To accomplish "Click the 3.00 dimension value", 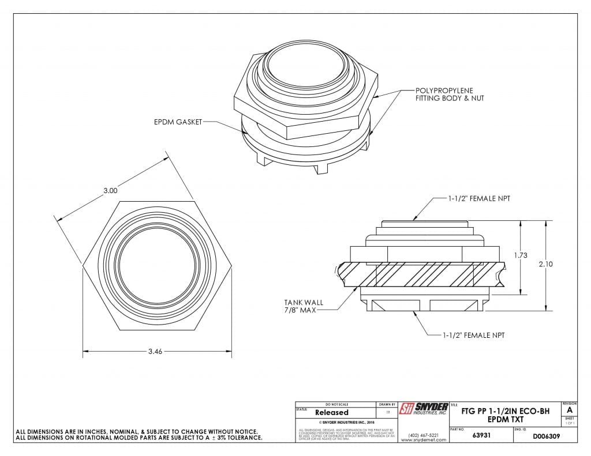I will click(x=110, y=190).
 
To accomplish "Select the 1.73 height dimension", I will click(x=521, y=256).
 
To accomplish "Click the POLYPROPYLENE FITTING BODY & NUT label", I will click(x=450, y=95).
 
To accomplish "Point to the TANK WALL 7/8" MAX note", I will click(x=302, y=306).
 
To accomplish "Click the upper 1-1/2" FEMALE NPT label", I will click(x=479, y=198).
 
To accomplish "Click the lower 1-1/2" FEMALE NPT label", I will click(x=474, y=335).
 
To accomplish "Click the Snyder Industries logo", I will click(x=424, y=410).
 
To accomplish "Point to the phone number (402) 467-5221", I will click(x=424, y=435).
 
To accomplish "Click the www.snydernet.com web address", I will click(x=424, y=440).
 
